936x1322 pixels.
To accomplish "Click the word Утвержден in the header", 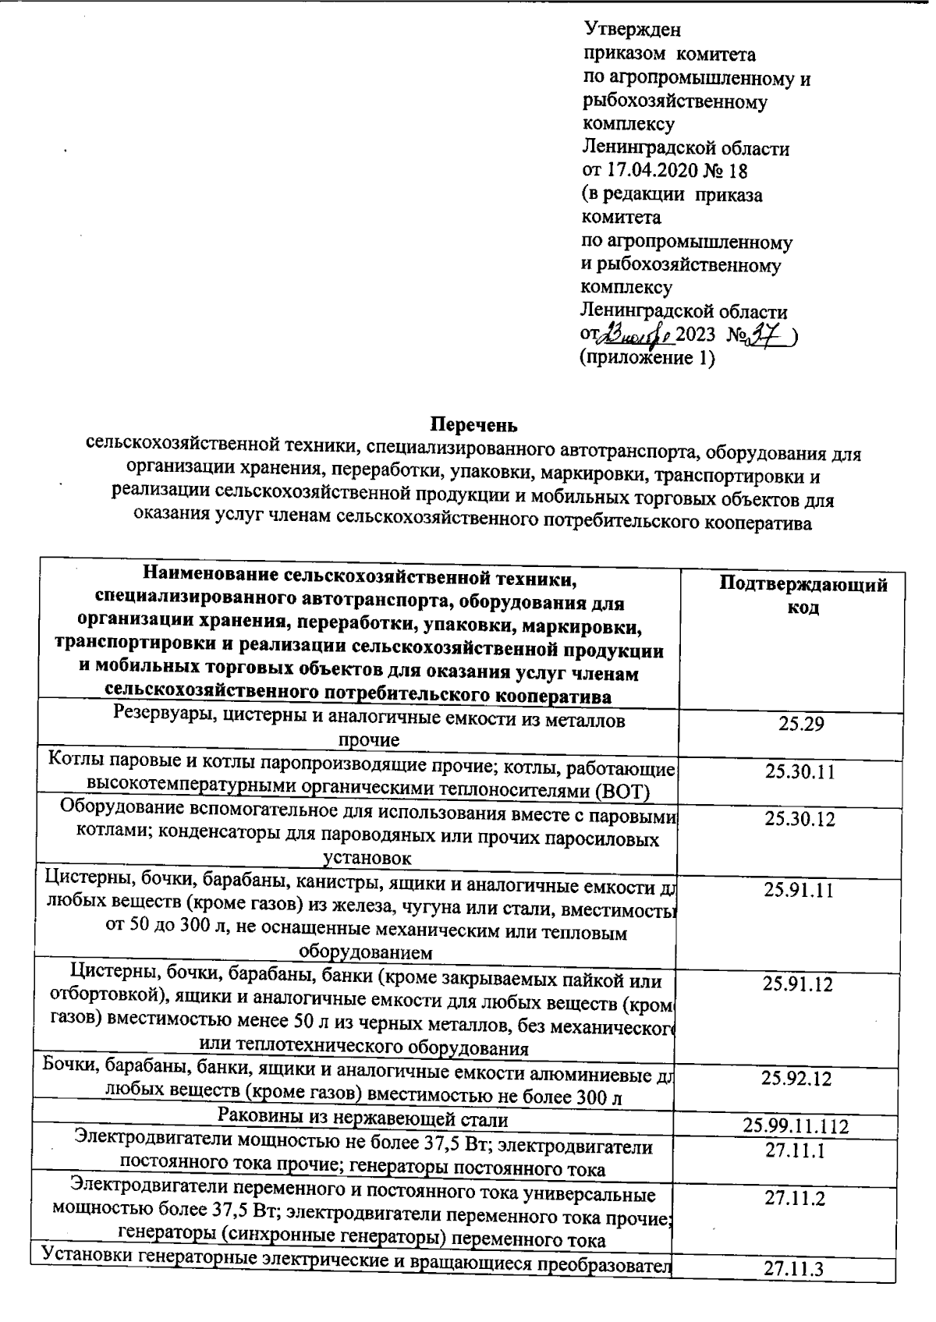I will [x=632, y=30].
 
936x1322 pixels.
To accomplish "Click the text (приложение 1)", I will [x=647, y=359].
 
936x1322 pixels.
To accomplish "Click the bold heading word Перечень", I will [x=473, y=425].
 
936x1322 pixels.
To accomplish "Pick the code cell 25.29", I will [x=801, y=724].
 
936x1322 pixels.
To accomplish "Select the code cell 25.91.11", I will [x=799, y=890].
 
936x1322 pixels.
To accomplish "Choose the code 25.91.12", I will [x=799, y=984].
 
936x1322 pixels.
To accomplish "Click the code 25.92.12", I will [x=796, y=1079].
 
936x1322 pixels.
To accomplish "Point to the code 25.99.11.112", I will [x=796, y=1126].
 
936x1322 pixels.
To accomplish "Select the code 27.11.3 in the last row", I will [x=793, y=1269].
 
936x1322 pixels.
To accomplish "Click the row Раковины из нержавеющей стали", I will [x=363, y=1120].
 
